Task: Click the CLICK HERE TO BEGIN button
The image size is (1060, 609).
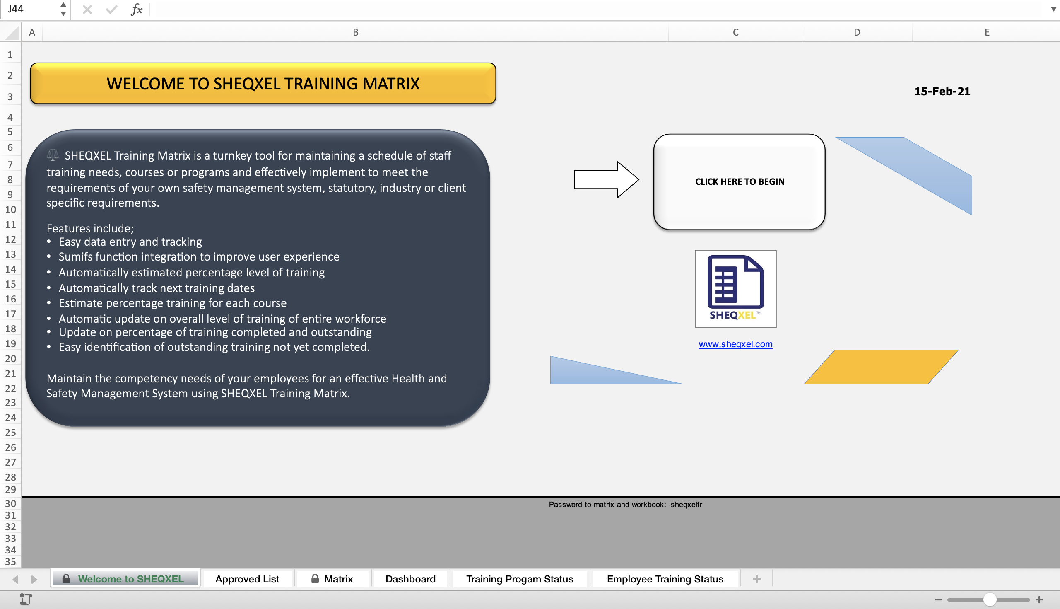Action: pos(739,181)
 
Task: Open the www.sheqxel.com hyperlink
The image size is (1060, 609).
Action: pos(735,344)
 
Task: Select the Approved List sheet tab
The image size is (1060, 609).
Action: pos(247,579)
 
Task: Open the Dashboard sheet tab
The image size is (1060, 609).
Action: pos(410,579)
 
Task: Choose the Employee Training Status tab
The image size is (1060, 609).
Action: pos(665,579)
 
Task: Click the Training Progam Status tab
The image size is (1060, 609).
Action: pos(520,579)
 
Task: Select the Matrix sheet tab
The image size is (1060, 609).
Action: pos(338,579)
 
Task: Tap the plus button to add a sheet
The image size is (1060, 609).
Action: pos(756,579)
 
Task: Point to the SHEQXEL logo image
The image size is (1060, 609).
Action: pos(735,289)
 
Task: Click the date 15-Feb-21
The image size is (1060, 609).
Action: pos(942,91)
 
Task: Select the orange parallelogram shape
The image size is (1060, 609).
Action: pos(881,367)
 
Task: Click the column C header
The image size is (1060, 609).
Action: pos(735,32)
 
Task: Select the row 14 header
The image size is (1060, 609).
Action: pos(10,269)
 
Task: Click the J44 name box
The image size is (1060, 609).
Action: pos(29,9)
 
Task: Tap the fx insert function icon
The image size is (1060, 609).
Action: pos(137,9)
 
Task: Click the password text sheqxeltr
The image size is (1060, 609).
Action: pos(687,505)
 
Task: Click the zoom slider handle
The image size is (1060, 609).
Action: pos(989,599)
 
